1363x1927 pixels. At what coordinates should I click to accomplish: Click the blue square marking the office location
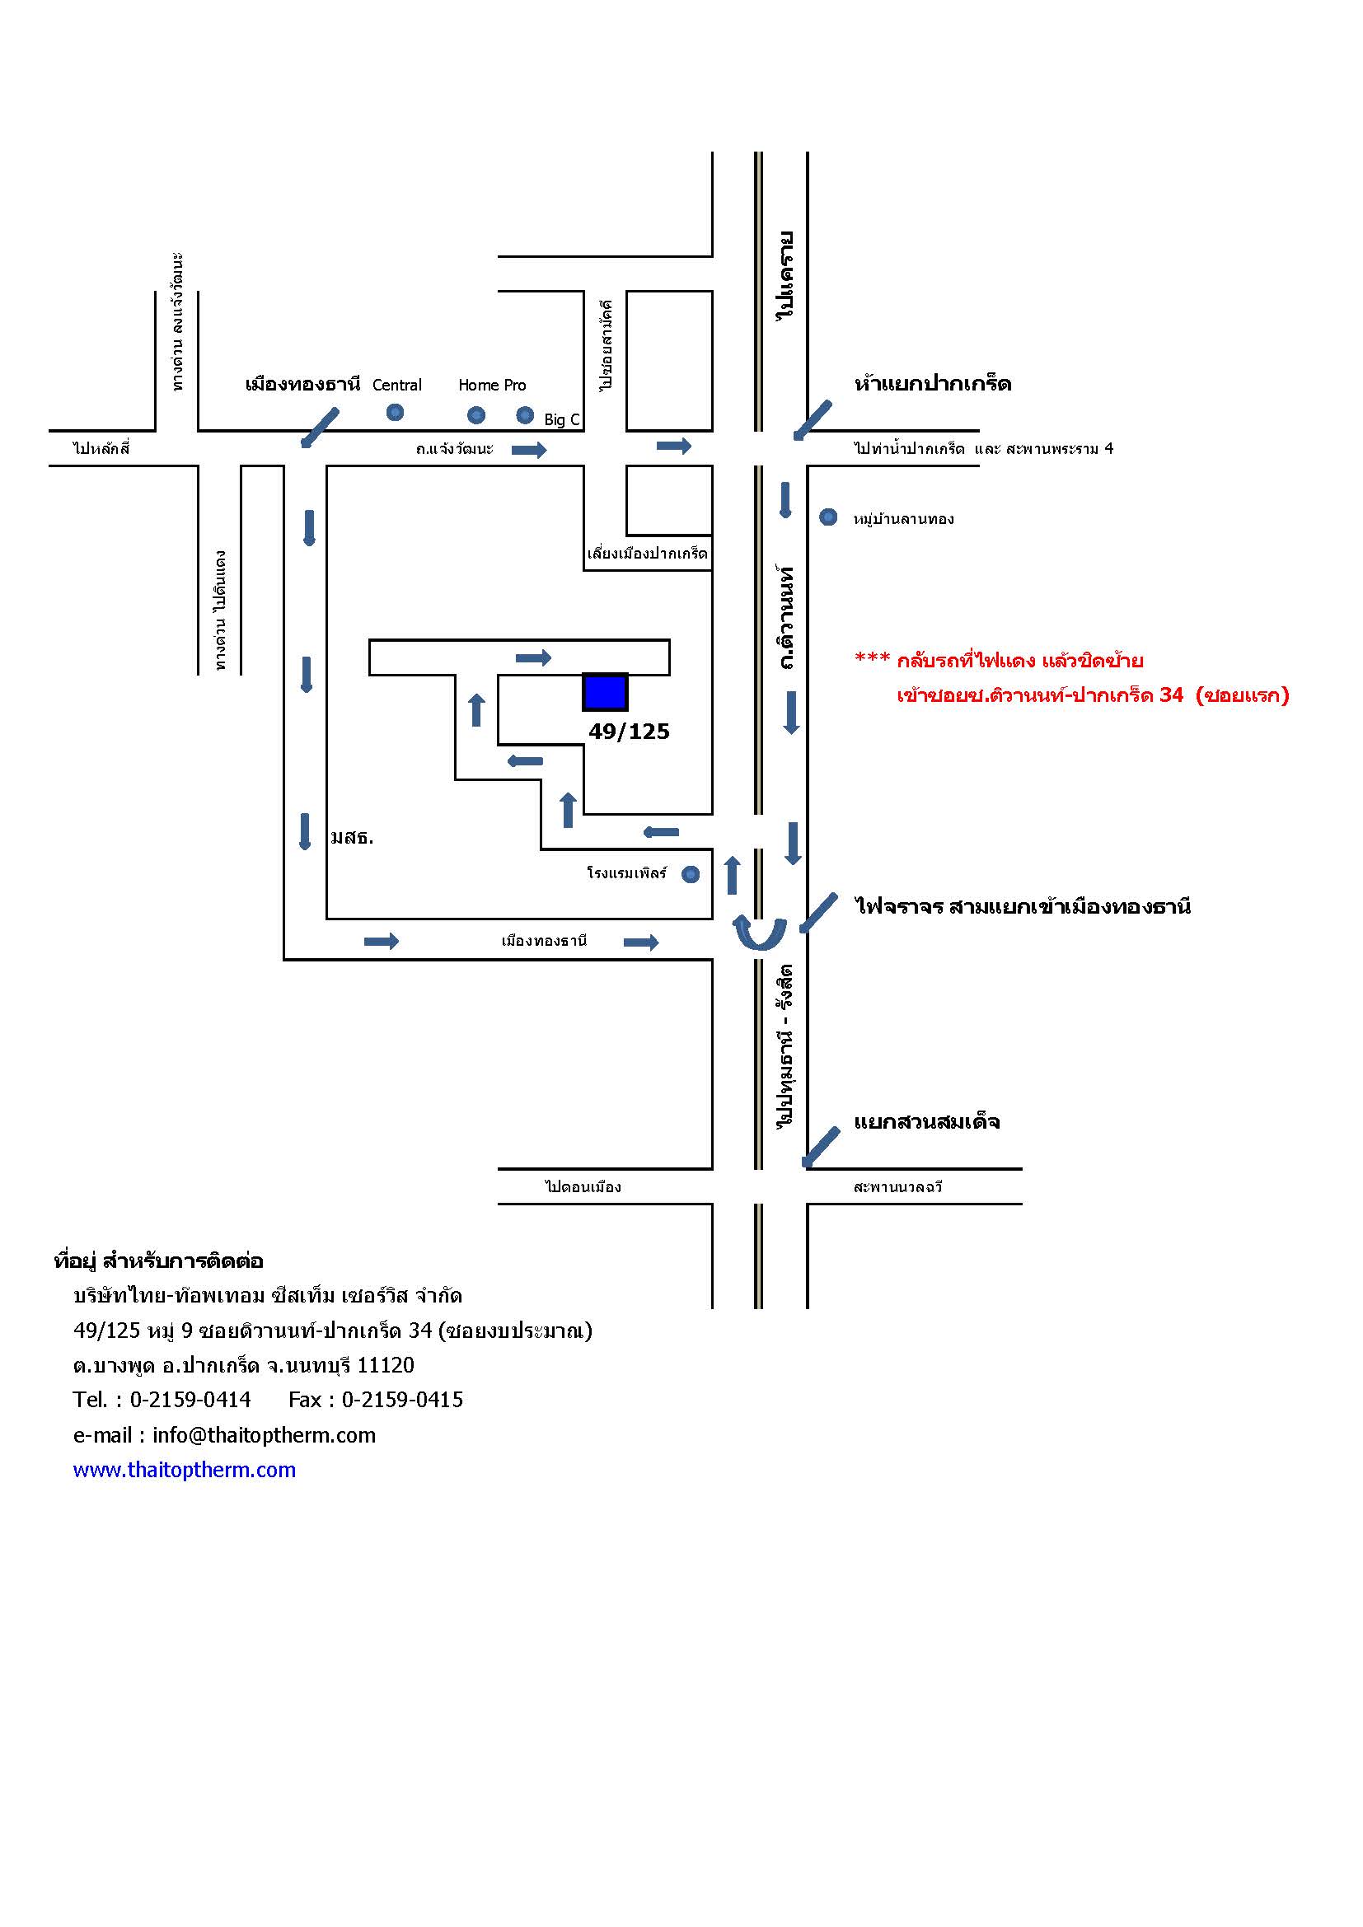tap(605, 691)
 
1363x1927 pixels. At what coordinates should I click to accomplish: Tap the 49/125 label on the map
tap(629, 732)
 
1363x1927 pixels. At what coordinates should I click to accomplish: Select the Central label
tap(397, 386)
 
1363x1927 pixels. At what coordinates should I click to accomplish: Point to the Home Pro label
tap(492, 386)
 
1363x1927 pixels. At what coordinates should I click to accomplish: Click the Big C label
tap(562, 419)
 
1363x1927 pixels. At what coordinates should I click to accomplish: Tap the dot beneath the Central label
tap(395, 412)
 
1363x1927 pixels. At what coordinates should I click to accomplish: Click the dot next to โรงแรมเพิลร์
tap(691, 875)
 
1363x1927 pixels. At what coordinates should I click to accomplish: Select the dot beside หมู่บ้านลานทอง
tap(828, 517)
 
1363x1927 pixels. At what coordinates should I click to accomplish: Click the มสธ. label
tap(353, 838)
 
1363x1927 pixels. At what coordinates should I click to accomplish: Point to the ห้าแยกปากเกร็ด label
tap(933, 384)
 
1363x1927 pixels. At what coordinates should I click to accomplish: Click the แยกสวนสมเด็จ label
tap(926, 1122)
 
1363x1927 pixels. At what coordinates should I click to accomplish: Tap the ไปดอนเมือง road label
tap(583, 1186)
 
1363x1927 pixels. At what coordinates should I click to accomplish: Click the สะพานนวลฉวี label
tap(897, 1186)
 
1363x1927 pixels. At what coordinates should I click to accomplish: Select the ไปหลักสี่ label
tap(101, 448)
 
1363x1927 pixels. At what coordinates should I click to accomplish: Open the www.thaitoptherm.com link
tap(185, 1470)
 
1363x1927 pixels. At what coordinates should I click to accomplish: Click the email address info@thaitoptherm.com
tap(265, 1435)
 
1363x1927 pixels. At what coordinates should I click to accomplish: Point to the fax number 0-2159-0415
tap(402, 1399)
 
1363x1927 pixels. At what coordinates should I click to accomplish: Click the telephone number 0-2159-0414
tap(190, 1399)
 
